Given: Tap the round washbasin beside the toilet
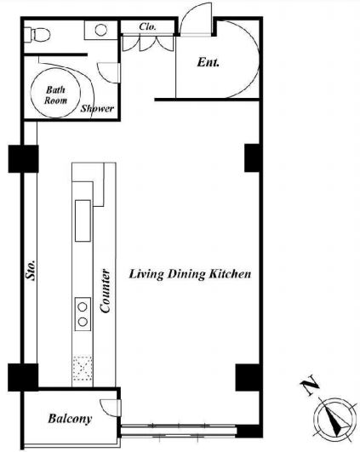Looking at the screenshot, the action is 101,30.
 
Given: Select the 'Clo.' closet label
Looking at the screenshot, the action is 147,26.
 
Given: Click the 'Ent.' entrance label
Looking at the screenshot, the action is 209,62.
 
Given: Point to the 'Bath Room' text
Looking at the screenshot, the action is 55,94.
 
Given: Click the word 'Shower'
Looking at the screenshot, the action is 97,109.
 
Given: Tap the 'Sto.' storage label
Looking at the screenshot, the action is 31,270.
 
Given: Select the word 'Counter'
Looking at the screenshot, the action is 105,291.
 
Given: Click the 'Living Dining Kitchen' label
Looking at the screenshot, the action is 190,274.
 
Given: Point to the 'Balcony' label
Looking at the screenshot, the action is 70,419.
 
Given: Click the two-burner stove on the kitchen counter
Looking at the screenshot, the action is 83,314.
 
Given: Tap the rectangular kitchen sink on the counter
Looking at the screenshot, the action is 83,220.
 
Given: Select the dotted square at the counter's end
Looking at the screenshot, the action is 83,368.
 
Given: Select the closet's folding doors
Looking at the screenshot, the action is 148,43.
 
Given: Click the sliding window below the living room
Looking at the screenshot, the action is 179,431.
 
